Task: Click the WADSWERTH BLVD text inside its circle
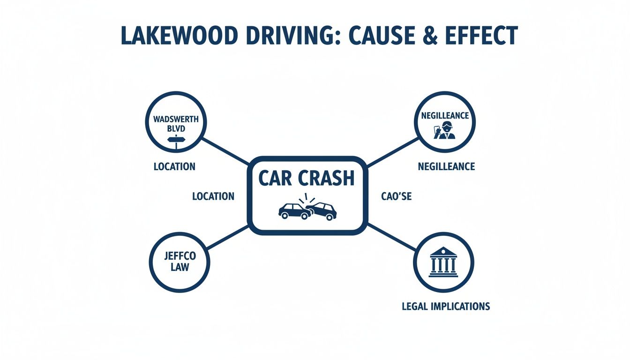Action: (176, 124)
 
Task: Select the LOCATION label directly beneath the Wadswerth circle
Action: (174, 166)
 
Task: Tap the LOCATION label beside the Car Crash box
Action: (213, 196)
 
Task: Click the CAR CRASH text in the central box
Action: (307, 179)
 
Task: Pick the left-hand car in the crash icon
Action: (294, 211)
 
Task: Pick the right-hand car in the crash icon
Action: (322, 211)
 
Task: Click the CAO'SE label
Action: (397, 196)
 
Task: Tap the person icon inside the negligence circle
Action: (445, 130)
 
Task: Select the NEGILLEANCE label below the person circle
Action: (446, 166)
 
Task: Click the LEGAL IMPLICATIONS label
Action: (446, 307)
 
